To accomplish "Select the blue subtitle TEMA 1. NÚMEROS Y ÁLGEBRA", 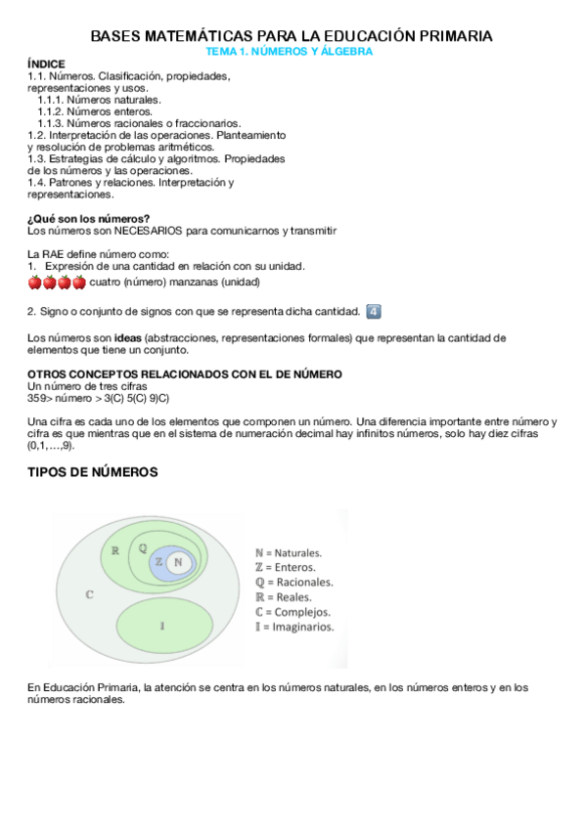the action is click(x=292, y=51).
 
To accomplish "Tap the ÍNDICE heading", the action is click(x=46, y=64).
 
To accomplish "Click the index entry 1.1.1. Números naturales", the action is click(x=99, y=99).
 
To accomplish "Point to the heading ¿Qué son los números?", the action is click(x=89, y=218).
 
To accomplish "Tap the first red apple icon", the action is click(x=34, y=283).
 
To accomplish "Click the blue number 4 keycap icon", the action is click(x=372, y=312).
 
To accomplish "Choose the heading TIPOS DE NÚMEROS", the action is click(x=92, y=472).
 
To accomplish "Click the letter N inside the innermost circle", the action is click(x=177, y=562).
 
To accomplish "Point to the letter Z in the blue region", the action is click(x=159, y=562).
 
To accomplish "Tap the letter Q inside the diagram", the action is click(x=143, y=548).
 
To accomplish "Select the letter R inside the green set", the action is click(x=115, y=550).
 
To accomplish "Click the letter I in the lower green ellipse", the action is click(x=161, y=623).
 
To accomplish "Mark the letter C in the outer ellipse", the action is click(x=89, y=593).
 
